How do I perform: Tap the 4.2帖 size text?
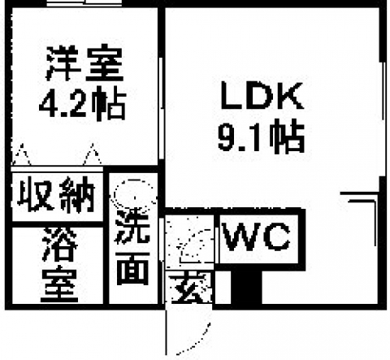(x=83, y=103)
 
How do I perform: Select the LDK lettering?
(x=262, y=95)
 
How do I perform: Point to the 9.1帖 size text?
(x=262, y=136)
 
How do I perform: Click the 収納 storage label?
(x=56, y=194)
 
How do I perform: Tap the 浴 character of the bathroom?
(x=60, y=245)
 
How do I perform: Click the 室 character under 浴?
(x=59, y=284)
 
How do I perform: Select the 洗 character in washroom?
(x=132, y=227)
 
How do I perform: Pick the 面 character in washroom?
(x=133, y=269)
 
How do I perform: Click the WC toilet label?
(x=256, y=237)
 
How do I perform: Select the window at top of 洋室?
(x=84, y=3)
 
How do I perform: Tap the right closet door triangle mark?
(x=93, y=154)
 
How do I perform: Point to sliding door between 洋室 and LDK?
(x=162, y=108)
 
